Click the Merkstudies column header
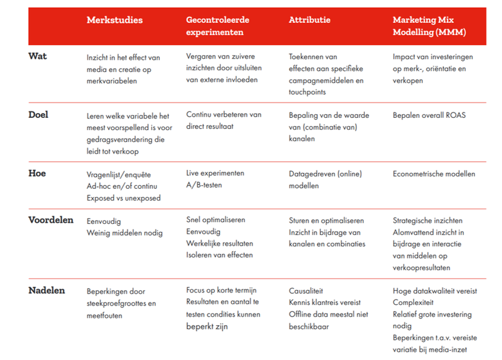click(114, 21)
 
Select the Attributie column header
click(309, 21)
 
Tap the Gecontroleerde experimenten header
click(217, 26)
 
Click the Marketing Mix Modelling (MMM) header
click(429, 26)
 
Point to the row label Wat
click(37, 56)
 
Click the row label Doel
click(39, 115)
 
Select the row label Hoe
click(37, 174)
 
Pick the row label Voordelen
click(51, 220)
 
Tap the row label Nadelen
click(47, 291)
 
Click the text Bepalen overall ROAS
click(429, 116)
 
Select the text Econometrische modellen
click(433, 174)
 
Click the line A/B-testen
click(204, 186)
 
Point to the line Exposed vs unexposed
click(124, 198)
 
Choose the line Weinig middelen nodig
click(124, 233)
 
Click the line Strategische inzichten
click(427, 221)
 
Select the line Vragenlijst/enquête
click(119, 174)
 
